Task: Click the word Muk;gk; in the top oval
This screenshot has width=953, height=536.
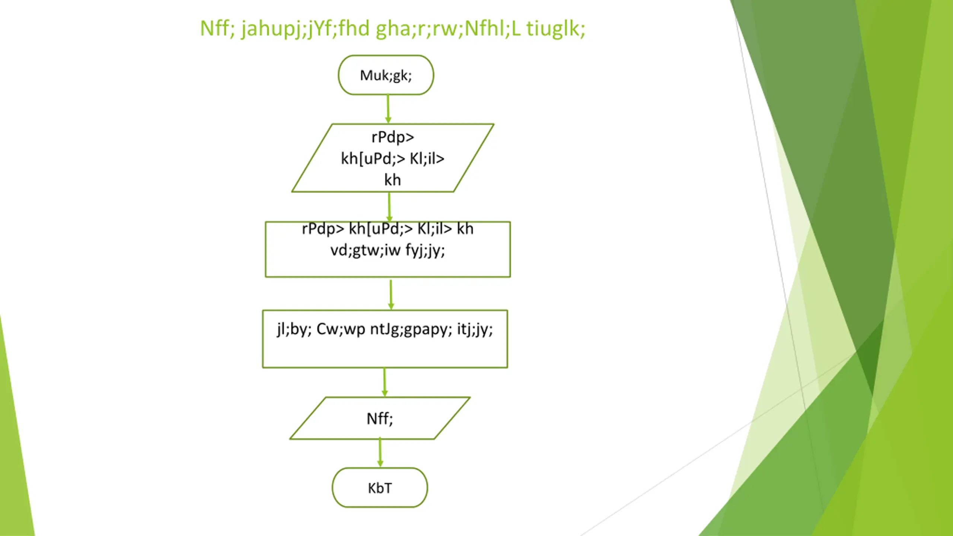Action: tap(386, 76)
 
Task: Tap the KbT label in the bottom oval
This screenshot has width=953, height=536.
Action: tap(380, 488)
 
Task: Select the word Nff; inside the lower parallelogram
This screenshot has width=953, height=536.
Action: tap(380, 419)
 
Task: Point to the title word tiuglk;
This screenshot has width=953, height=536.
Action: tap(555, 28)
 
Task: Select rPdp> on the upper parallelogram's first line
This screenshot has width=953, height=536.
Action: tap(393, 137)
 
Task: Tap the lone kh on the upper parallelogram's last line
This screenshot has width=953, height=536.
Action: tap(392, 180)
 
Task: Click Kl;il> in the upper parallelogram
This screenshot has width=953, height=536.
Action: tap(427, 159)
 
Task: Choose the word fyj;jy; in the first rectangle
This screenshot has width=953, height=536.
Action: tap(425, 250)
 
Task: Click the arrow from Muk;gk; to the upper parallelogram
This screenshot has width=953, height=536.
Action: tap(388, 109)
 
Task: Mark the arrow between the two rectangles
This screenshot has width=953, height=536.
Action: tap(391, 294)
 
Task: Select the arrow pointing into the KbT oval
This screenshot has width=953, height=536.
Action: tap(380, 453)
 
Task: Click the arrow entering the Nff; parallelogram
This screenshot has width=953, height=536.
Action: tap(385, 382)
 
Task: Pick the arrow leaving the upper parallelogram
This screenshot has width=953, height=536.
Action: tap(389, 207)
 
